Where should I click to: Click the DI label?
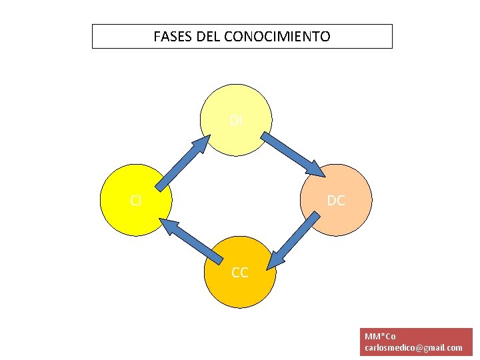(236, 121)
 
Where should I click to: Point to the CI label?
(135, 200)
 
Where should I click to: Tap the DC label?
(336, 200)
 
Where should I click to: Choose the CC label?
(239, 272)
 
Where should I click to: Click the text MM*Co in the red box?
(380, 336)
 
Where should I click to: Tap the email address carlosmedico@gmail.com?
(413, 348)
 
